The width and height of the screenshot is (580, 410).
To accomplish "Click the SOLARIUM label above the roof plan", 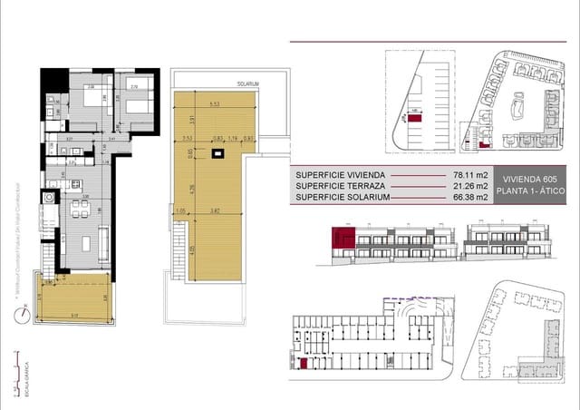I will [248, 83].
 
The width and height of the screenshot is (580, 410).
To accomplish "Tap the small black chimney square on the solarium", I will [217, 154].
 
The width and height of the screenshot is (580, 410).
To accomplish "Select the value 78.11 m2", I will [471, 174].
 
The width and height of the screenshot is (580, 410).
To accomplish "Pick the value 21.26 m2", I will [471, 186].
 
